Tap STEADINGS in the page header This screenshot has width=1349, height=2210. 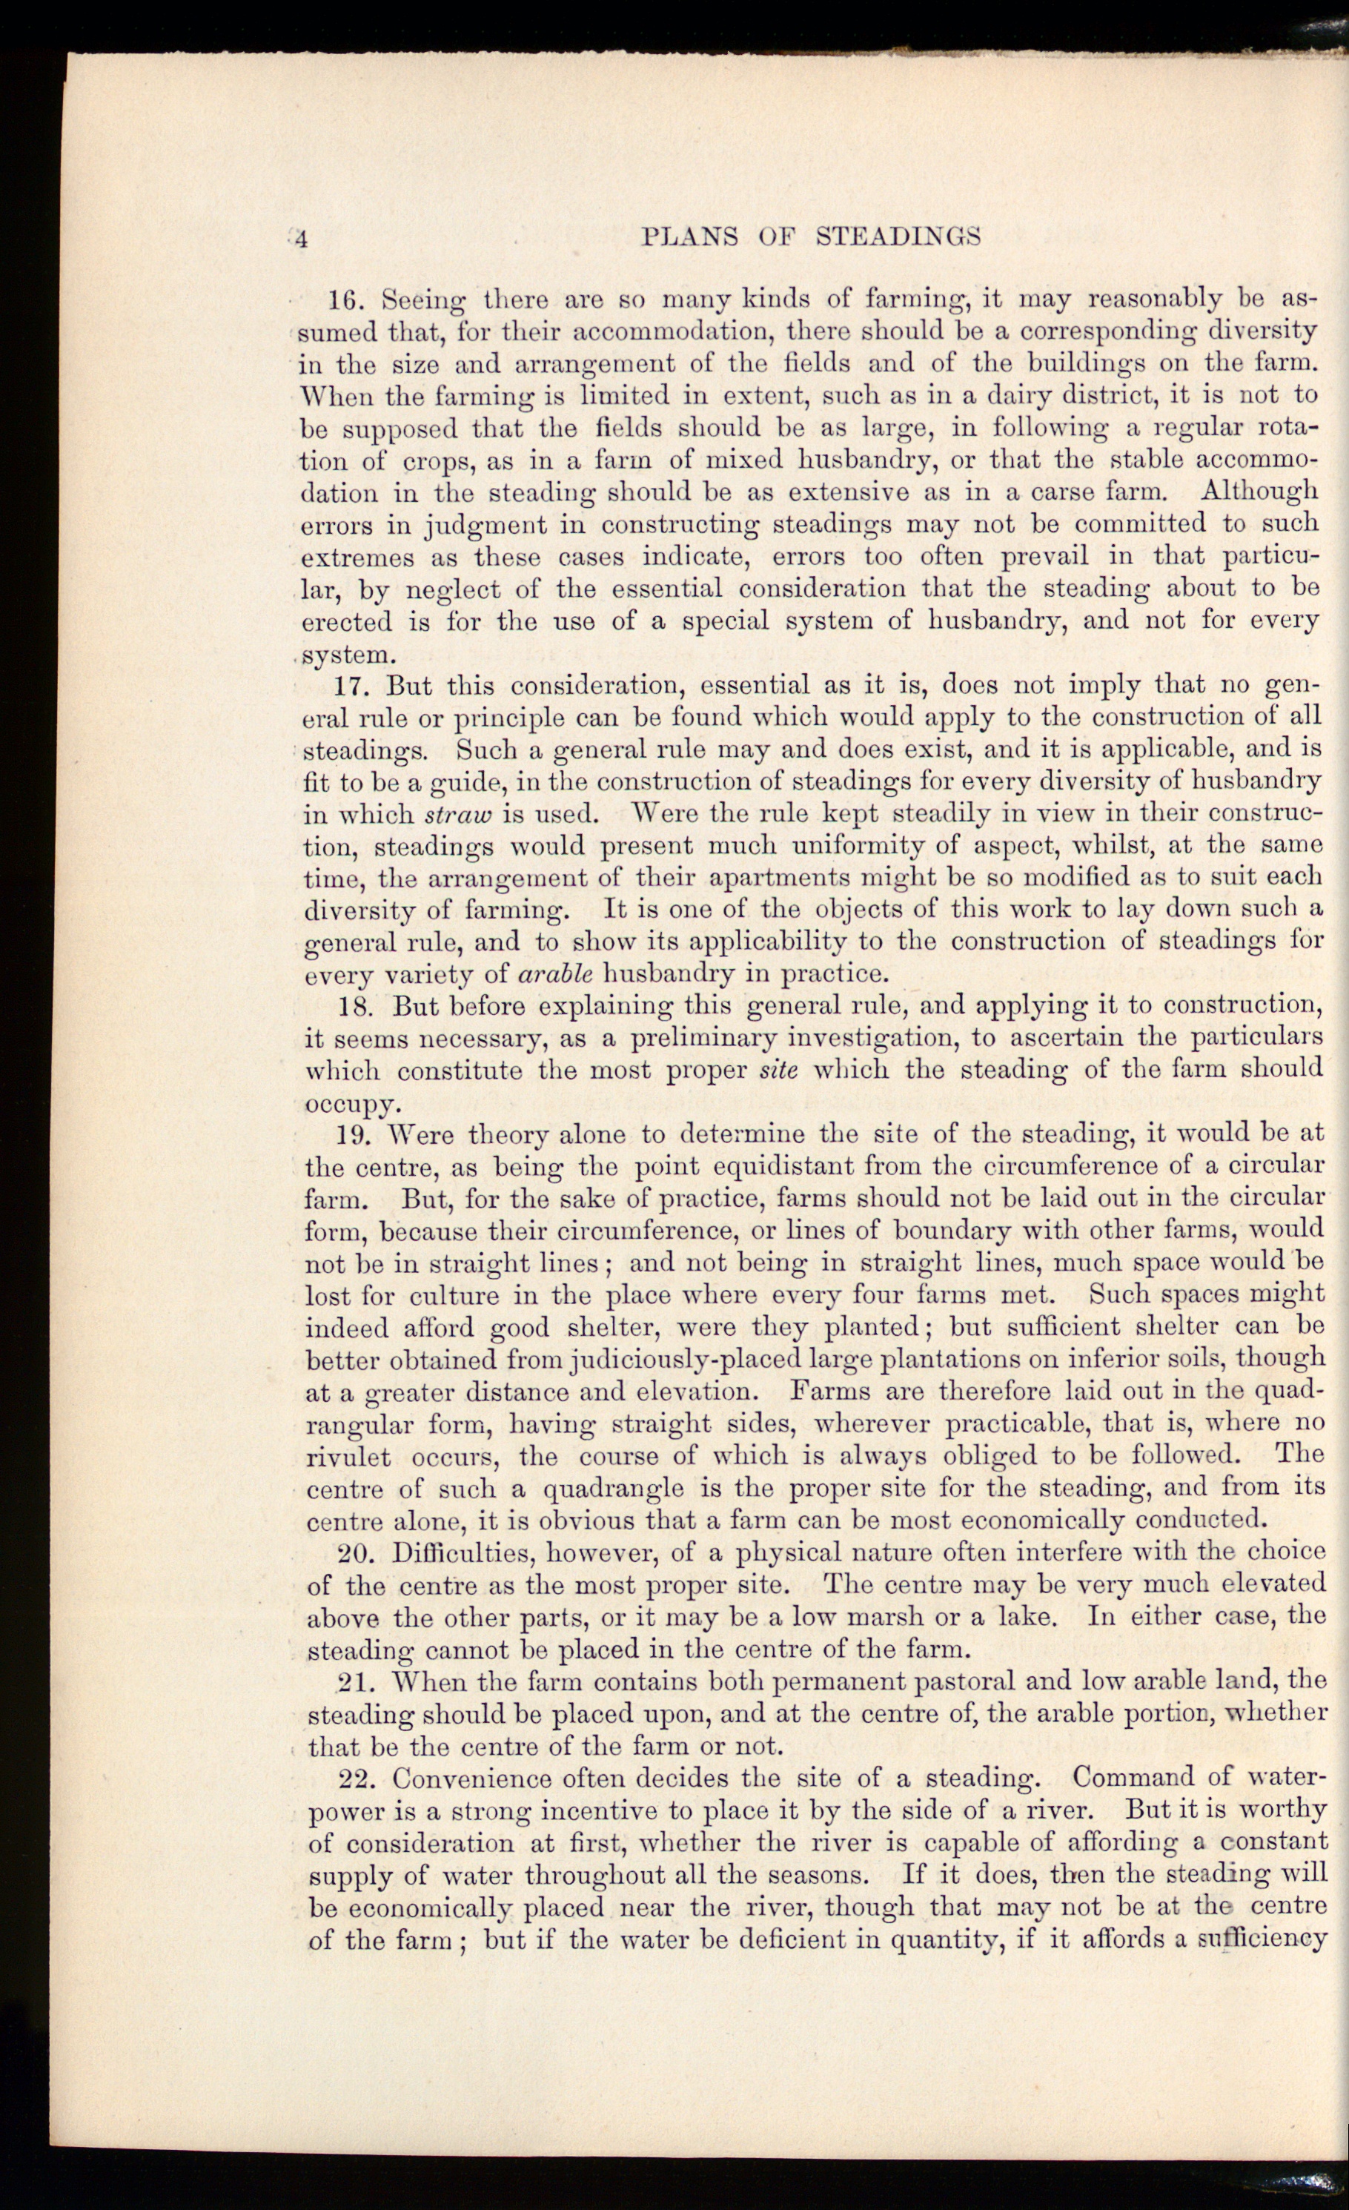(899, 236)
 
